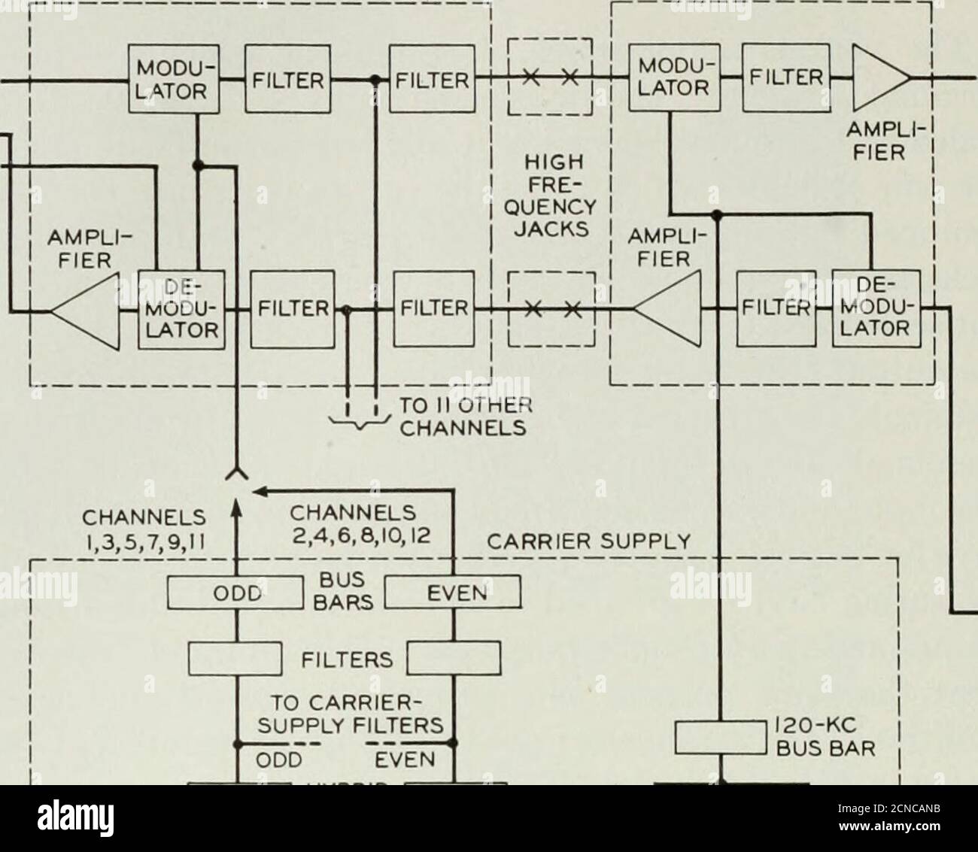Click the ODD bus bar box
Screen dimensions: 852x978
(x=238, y=591)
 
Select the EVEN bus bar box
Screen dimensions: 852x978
(x=453, y=591)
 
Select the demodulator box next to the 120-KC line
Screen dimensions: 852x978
(x=876, y=310)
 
